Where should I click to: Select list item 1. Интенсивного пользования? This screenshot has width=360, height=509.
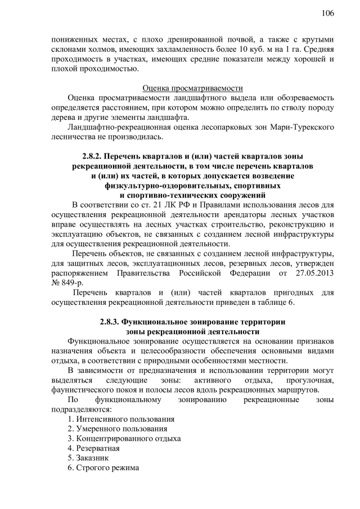tap(120, 420)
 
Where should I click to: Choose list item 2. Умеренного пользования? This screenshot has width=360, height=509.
tap(116, 429)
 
